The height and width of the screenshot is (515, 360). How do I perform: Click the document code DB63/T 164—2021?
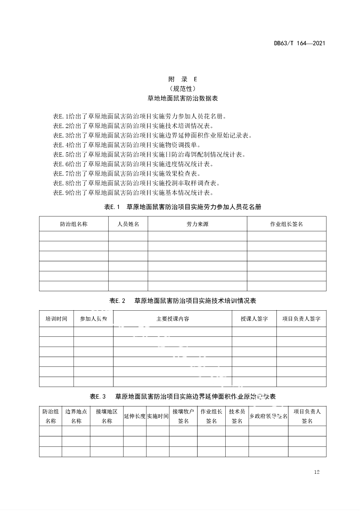tap(299, 43)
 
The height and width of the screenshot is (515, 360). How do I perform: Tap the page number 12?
tap(317, 472)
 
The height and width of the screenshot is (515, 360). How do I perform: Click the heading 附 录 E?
tap(182, 79)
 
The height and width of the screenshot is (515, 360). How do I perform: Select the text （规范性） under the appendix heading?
tap(182, 89)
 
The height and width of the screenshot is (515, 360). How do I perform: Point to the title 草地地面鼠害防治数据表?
tap(182, 98)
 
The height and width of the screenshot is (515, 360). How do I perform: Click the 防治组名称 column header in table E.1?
tap(74, 224)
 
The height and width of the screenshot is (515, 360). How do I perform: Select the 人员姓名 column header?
tap(128, 224)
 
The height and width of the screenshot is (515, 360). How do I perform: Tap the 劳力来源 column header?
tap(197, 224)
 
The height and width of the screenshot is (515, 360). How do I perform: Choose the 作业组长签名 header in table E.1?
tap(286, 224)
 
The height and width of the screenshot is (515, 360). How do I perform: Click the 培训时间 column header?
tap(56, 319)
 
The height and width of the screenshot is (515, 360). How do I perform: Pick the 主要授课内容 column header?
tap(173, 319)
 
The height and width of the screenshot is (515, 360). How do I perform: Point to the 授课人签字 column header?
tap(254, 319)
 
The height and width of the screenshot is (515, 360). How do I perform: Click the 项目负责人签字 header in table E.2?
tap(301, 319)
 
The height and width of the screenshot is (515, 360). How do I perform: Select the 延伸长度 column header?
tap(135, 416)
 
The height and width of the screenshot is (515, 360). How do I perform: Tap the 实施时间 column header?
tap(158, 416)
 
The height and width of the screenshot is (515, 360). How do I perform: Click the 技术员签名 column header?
tap(237, 416)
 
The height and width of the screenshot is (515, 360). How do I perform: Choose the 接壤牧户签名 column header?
tap(183, 416)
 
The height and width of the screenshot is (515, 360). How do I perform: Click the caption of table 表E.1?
tap(182, 207)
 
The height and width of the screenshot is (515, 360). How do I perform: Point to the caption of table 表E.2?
tap(182, 300)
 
